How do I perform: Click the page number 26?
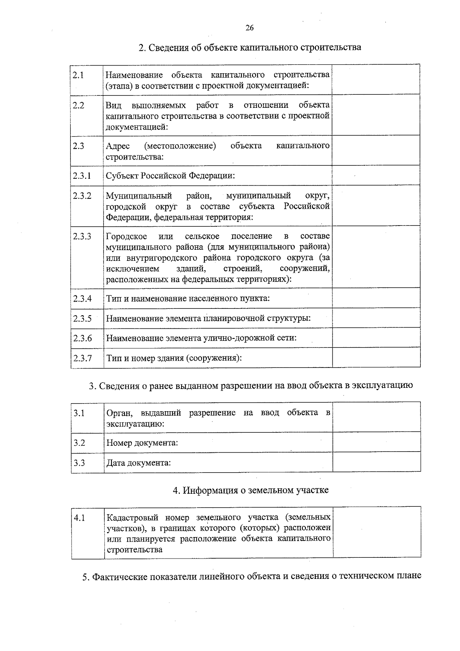250,28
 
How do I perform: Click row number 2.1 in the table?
79,75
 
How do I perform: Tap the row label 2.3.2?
82,196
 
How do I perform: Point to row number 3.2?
79,443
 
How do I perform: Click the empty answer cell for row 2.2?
376,115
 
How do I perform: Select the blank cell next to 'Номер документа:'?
376,442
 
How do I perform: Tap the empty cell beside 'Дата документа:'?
376,462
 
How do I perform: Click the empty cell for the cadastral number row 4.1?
377,532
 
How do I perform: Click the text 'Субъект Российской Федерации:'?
170,176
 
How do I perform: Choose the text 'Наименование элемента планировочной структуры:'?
208,318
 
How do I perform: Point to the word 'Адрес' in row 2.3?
118,146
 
